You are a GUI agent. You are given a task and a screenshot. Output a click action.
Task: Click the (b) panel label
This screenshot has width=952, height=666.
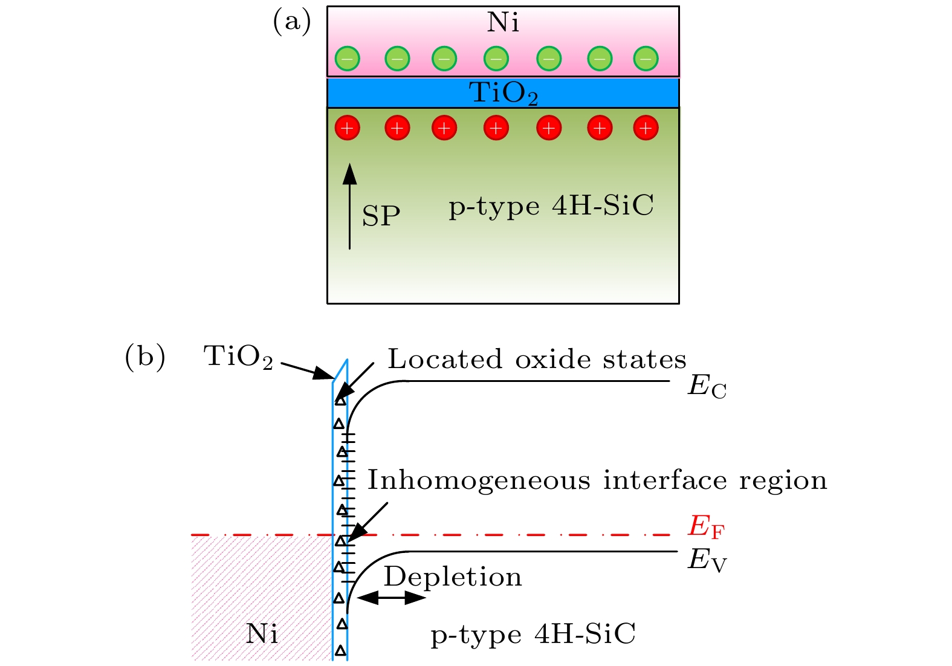click(x=145, y=357)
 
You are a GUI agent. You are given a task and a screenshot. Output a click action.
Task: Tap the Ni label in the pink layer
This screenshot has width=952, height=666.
click(x=503, y=22)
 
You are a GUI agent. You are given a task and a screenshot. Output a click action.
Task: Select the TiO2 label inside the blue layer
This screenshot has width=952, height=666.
click(x=503, y=93)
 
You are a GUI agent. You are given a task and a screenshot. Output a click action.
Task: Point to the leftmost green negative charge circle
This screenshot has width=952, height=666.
click(x=347, y=59)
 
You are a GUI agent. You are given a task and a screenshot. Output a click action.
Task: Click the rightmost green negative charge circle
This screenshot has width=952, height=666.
click(x=646, y=59)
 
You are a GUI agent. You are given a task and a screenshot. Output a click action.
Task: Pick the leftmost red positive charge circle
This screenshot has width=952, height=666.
click(x=347, y=128)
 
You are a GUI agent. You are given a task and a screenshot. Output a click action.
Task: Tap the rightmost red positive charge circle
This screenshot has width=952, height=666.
click(x=646, y=128)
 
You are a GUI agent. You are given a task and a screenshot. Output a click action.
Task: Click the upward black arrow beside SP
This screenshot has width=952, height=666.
click(x=350, y=206)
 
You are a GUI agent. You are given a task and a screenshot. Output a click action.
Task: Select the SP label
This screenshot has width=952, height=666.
click(x=381, y=216)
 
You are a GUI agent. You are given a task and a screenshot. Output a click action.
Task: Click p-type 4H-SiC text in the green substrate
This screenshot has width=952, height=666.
click(x=551, y=207)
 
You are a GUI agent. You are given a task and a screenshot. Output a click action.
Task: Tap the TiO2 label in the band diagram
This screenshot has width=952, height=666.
click(x=238, y=357)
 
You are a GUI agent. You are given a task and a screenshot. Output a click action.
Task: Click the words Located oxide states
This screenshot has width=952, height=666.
click(x=537, y=359)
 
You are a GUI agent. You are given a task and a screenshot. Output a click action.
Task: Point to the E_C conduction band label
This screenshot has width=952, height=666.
click(x=707, y=387)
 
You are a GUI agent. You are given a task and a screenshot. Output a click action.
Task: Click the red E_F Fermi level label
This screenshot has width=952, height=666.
click(x=706, y=528)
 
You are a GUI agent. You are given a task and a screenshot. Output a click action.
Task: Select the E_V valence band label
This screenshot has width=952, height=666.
click(x=707, y=560)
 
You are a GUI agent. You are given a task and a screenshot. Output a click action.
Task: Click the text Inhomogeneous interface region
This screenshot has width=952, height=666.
click(x=597, y=480)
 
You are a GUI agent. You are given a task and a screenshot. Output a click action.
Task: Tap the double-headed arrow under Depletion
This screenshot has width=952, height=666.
click(x=392, y=598)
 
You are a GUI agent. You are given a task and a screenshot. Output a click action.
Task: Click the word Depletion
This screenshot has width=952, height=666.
click(x=453, y=578)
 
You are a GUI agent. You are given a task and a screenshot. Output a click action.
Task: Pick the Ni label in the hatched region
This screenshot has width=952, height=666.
click(x=262, y=634)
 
